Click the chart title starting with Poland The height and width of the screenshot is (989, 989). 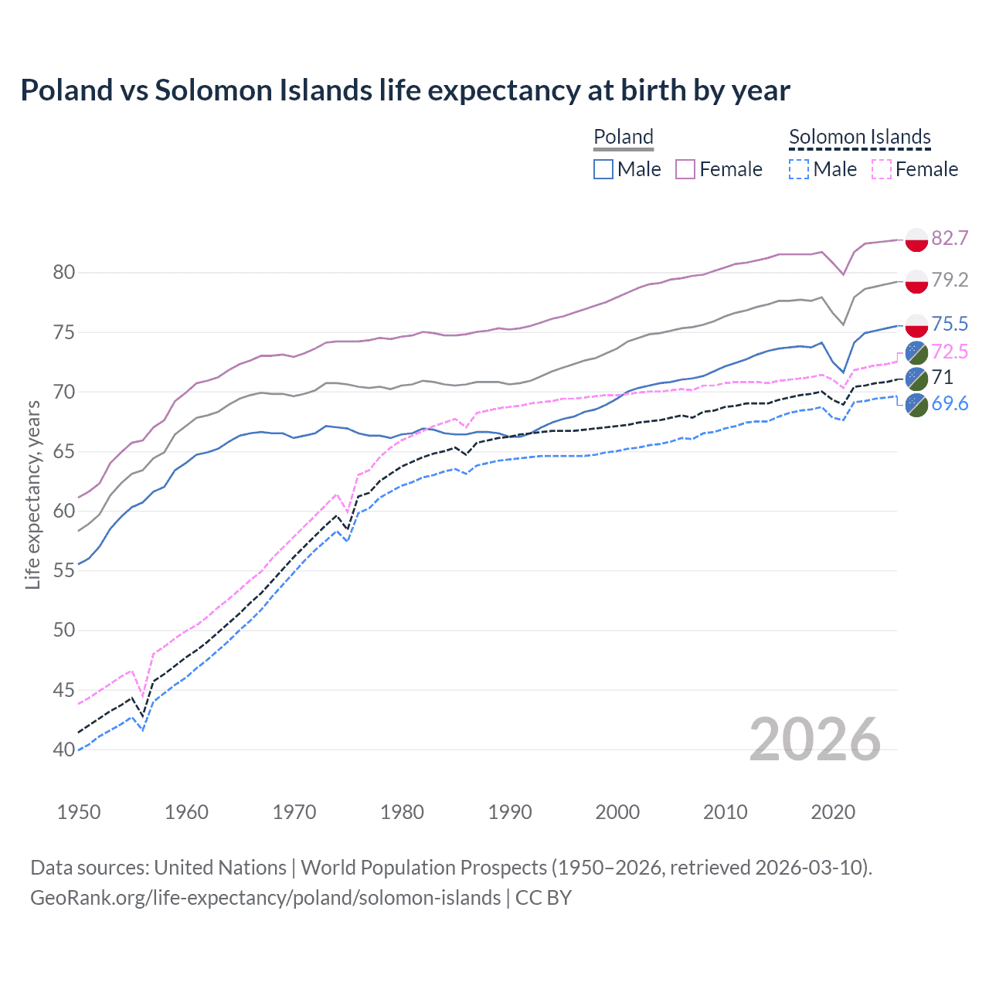click(405, 90)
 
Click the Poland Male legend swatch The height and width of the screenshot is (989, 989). click(603, 169)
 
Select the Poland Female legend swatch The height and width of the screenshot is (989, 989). click(685, 169)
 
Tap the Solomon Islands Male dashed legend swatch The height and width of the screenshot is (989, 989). click(799, 169)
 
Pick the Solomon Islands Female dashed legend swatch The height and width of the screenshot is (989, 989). click(882, 169)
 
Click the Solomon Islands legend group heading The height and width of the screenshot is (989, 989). click(859, 137)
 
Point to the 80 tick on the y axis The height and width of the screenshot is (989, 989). click(63, 272)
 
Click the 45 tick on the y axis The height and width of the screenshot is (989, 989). click(63, 690)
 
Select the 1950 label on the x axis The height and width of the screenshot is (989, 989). click(79, 812)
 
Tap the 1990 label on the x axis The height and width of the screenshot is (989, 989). click(510, 812)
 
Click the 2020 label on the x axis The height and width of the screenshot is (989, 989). click(833, 812)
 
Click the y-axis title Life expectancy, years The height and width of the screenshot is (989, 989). click(32, 494)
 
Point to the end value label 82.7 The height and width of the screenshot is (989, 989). click(950, 238)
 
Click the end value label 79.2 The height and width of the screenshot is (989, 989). click(950, 280)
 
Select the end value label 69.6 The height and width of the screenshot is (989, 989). click(950, 403)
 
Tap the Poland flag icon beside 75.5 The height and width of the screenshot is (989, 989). click(916, 325)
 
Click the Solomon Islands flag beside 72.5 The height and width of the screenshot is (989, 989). click(916, 352)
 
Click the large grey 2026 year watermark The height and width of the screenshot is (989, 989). click(815, 739)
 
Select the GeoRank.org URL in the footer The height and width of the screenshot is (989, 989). click(265, 898)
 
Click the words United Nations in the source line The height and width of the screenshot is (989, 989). click(220, 868)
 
